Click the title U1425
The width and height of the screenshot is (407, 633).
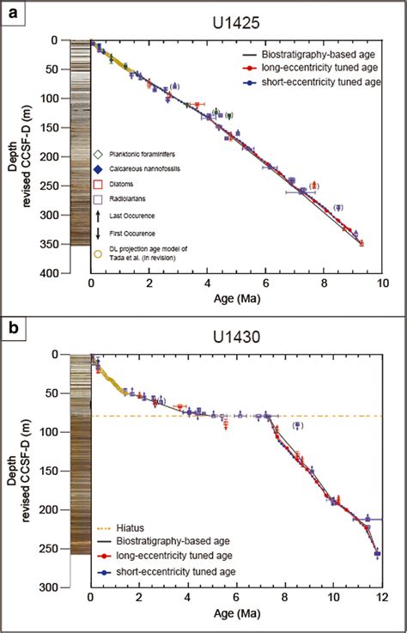click(x=234, y=20)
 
